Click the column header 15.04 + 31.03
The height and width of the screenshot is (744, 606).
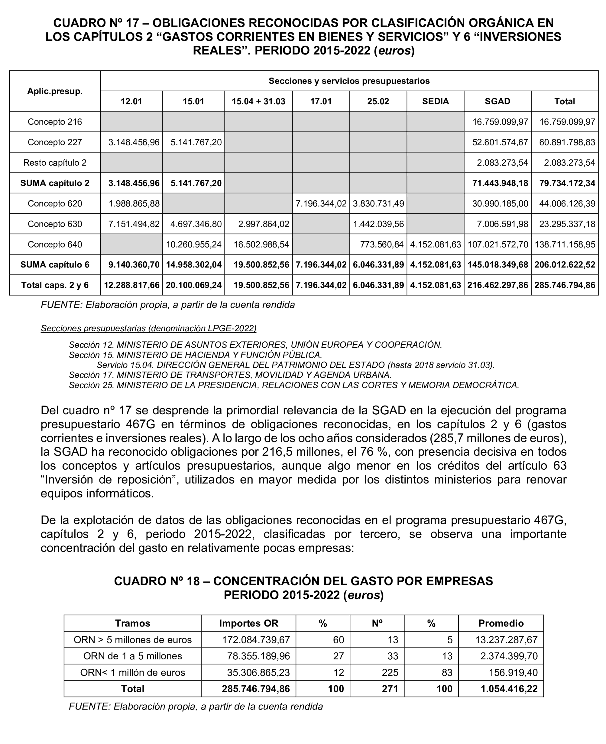[x=258, y=102]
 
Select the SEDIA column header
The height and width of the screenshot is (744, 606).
[x=435, y=102]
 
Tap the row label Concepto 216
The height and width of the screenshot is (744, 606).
[x=55, y=122]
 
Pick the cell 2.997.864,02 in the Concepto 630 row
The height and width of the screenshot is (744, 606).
[x=264, y=224]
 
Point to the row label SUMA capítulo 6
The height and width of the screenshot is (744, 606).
[x=55, y=265]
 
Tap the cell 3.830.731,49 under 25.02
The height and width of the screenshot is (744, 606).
[x=379, y=204]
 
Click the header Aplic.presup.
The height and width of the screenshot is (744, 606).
[x=55, y=92]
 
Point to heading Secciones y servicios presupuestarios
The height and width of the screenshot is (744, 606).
[x=349, y=81]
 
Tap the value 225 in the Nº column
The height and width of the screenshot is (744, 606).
[x=390, y=673]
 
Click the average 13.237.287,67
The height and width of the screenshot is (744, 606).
[x=506, y=640]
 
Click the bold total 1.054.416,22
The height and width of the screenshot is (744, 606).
[x=509, y=689]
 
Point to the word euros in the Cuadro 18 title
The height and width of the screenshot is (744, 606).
[x=364, y=595]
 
